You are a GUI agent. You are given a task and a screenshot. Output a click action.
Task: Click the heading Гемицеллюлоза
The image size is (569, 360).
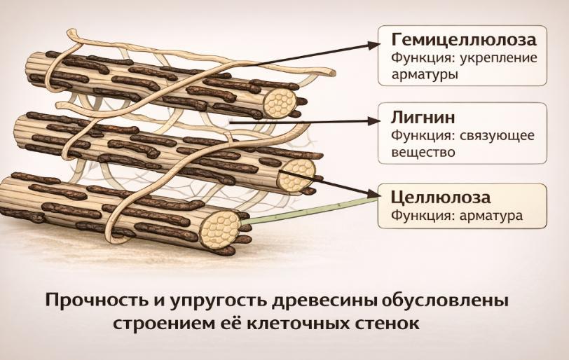point(464,38)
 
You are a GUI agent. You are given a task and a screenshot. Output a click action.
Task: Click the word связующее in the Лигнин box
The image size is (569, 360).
point(498,135)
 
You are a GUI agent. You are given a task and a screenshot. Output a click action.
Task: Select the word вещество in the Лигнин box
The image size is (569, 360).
point(423,151)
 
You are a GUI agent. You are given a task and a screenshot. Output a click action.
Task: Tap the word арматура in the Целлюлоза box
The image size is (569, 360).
point(490,216)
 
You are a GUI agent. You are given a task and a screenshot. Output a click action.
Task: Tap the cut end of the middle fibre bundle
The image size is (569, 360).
point(296,174)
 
